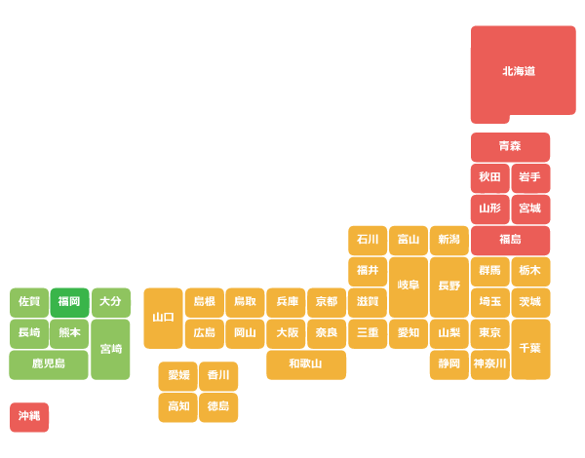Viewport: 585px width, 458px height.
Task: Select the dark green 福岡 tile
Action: pos(70,302)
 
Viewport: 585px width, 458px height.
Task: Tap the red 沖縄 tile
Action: pos(29,417)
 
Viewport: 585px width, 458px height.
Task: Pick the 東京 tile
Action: pos(489,333)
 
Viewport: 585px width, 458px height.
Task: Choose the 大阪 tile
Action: pos(286,333)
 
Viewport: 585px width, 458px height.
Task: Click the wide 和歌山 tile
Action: pos(306,364)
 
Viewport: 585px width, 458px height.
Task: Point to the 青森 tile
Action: pos(510,147)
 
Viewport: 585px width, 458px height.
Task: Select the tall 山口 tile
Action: pos(163,318)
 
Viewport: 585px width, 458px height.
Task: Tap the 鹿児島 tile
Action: pos(49,364)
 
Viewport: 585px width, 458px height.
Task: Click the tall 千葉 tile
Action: pos(530,349)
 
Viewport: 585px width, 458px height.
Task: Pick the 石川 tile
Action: pos(368,240)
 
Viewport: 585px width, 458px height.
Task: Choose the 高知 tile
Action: pos(177,407)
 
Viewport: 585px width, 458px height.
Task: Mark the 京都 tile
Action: pos(327,302)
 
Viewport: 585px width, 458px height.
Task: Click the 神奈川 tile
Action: pos(489,364)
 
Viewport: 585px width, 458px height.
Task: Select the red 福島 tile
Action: pos(510,240)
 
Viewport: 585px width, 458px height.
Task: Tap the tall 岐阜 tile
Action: pos(409,286)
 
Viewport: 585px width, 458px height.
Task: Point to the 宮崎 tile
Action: pos(110,349)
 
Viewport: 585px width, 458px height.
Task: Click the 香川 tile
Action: pos(218,376)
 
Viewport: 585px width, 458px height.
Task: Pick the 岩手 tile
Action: pos(530,178)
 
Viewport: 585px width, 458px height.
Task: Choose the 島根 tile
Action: pos(205,302)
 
